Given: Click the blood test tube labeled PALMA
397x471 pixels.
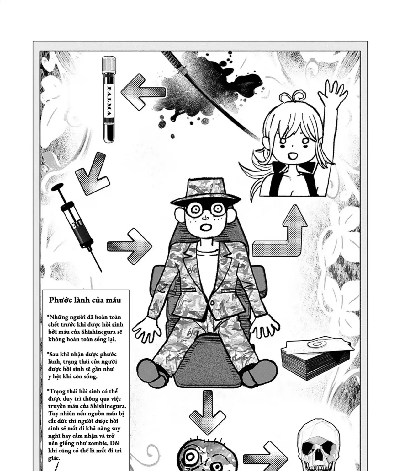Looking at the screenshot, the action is [x=109, y=100].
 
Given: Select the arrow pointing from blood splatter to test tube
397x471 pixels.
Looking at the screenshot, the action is [x=143, y=92].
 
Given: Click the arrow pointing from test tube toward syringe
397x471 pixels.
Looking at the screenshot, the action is [x=93, y=174].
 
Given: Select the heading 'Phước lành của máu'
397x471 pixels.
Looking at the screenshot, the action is [x=85, y=300].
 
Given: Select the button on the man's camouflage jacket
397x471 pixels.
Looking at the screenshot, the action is [x=212, y=303].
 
